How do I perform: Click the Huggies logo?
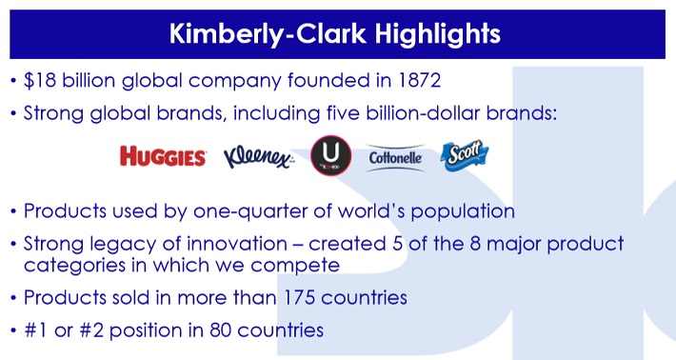(163, 156)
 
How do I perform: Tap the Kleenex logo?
(259, 157)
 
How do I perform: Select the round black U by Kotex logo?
(331, 155)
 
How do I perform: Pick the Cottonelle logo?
(395, 158)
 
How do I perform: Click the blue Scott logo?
(465, 155)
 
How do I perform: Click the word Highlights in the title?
(438, 33)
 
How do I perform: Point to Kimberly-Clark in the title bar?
(268, 33)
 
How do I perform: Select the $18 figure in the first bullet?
(40, 81)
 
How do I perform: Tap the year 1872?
(420, 81)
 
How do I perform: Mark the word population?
(463, 211)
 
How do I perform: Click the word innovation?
(237, 244)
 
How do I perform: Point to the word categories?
(75, 265)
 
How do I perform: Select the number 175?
(299, 297)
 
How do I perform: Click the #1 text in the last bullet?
(36, 330)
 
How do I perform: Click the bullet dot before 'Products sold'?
(13, 298)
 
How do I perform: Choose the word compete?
(295, 266)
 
